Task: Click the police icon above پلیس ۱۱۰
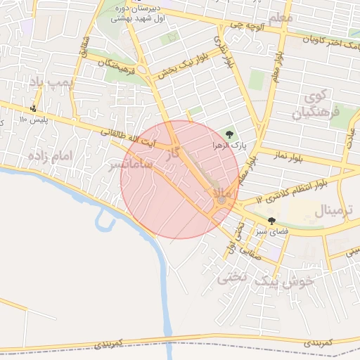coord(33,108)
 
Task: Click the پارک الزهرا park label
coord(229,146)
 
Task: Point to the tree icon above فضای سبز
coord(272,221)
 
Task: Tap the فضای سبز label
coord(270,231)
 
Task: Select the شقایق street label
coord(86,49)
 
